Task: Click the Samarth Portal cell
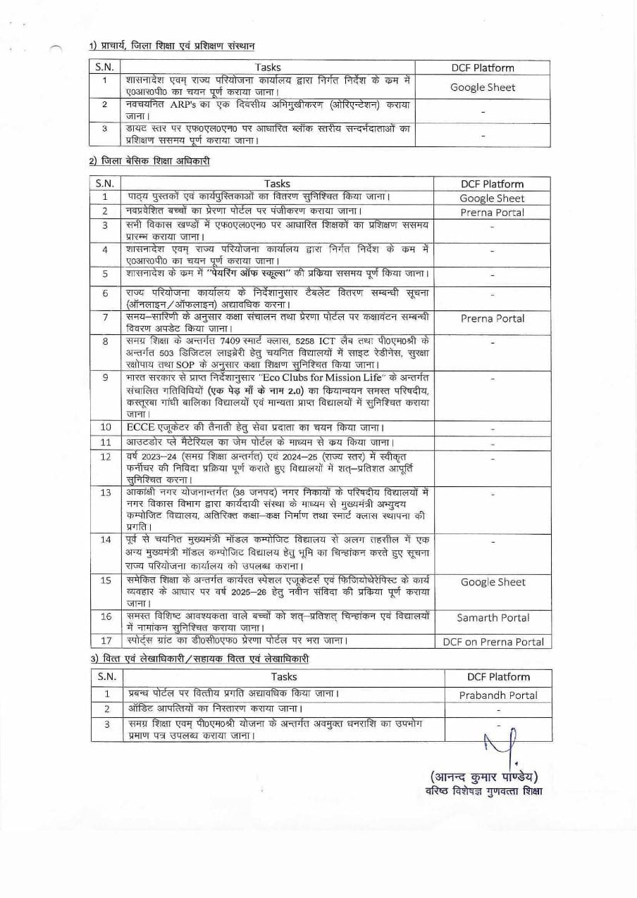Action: [493, 618]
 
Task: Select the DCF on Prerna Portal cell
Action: [493, 641]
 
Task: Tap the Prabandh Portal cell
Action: [498, 695]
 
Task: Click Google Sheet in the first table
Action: [483, 87]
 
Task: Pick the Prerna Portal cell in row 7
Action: [493, 318]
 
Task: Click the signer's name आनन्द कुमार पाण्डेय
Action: [483, 777]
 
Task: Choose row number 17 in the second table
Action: [106, 641]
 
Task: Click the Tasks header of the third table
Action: [284, 677]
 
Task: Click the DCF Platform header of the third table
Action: [498, 677]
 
